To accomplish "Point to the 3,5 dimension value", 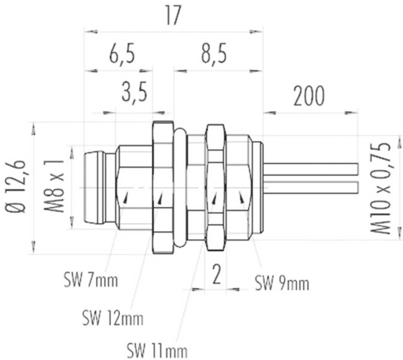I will (134, 93).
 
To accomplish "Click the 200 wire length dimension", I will (309, 96).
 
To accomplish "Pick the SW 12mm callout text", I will (112, 318).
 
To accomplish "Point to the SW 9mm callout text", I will (282, 284).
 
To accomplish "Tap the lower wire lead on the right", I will (310, 187).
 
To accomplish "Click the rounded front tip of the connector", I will (93, 187).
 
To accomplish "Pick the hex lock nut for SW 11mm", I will (215, 187).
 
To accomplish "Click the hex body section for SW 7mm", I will (133, 187).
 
